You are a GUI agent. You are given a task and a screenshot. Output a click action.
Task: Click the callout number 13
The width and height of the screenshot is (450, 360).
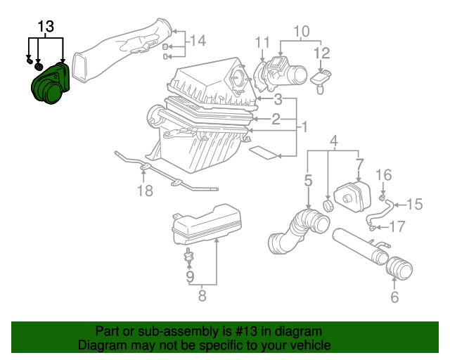pyautogui.click(x=46, y=27)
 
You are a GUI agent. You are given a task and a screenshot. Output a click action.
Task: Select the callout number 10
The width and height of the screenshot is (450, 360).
pyautogui.click(x=301, y=31)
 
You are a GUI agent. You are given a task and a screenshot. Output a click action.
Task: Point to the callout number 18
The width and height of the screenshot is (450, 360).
pyautogui.click(x=144, y=191)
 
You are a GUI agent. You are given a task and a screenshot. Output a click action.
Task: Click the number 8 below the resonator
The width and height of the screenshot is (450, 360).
pyautogui.click(x=202, y=296)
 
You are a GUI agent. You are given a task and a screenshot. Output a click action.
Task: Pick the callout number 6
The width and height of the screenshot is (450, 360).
pyautogui.click(x=394, y=297)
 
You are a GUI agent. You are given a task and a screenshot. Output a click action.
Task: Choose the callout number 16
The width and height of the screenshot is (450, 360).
pyautogui.click(x=383, y=175)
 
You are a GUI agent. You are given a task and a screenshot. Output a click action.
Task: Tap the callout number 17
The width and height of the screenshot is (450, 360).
pyautogui.click(x=397, y=226)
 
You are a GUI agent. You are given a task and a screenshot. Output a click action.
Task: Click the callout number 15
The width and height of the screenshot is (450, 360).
pyautogui.click(x=414, y=205)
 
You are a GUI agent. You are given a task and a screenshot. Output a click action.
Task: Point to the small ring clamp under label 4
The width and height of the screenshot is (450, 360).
pyautogui.click(x=328, y=205)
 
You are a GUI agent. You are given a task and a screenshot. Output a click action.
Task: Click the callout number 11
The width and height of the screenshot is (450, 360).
pyautogui.click(x=262, y=41)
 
